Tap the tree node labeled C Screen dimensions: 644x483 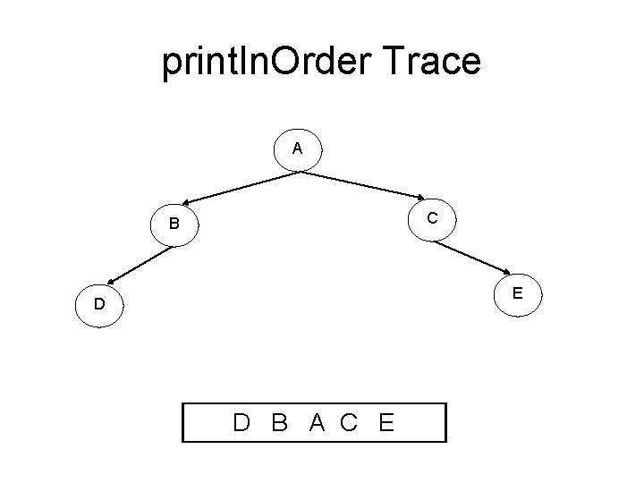coord(432,218)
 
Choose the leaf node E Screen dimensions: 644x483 coord(518,292)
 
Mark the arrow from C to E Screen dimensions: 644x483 coord(475,255)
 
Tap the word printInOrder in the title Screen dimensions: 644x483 coord(258,63)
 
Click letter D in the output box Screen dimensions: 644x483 coord(241,422)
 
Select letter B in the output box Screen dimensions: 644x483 coord(279,422)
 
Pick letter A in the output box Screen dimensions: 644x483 coord(317,422)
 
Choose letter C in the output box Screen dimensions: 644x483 coord(349,422)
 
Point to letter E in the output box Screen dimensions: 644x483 coord(386,422)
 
